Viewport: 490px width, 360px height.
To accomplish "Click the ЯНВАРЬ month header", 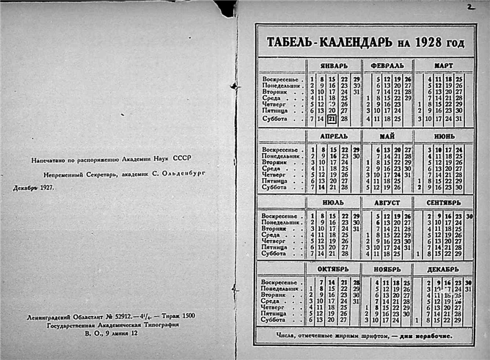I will [x=333, y=65].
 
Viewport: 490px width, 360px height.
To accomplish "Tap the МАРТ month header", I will [x=443, y=65].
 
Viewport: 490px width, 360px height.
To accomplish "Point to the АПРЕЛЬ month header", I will [x=333, y=136].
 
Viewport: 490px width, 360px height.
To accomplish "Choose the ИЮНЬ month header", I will [x=443, y=136].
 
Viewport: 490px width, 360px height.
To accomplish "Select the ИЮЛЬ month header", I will [x=333, y=202].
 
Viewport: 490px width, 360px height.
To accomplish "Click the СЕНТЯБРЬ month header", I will [x=443, y=202].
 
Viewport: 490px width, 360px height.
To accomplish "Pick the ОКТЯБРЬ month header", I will [x=333, y=269].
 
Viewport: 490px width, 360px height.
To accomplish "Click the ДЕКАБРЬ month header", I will [x=443, y=269].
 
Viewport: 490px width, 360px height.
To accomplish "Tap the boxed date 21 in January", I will [x=332, y=119].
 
